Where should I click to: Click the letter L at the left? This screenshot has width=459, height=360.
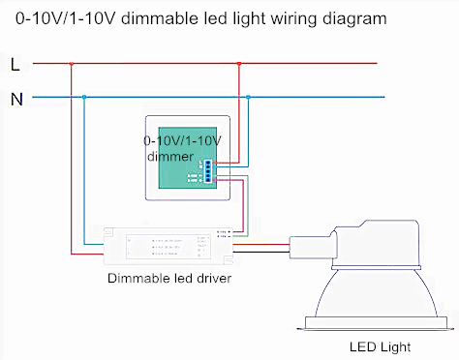pyautogui.click(x=14, y=66)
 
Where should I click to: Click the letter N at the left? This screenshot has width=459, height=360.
pyautogui.click(x=15, y=98)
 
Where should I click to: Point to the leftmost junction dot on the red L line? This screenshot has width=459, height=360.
pyautogui.click(x=70, y=65)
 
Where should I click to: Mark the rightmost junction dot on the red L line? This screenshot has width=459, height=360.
pyautogui.click(x=239, y=65)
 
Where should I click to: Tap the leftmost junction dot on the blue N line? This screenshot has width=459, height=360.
pyautogui.click(x=85, y=97)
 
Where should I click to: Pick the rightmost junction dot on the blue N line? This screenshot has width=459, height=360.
pyautogui.click(x=249, y=97)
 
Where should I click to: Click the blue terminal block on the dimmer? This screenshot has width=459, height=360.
pyautogui.click(x=209, y=169)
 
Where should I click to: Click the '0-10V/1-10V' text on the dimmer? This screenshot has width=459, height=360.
pyautogui.click(x=182, y=140)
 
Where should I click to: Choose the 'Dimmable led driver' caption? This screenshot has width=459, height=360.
pyautogui.click(x=168, y=279)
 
